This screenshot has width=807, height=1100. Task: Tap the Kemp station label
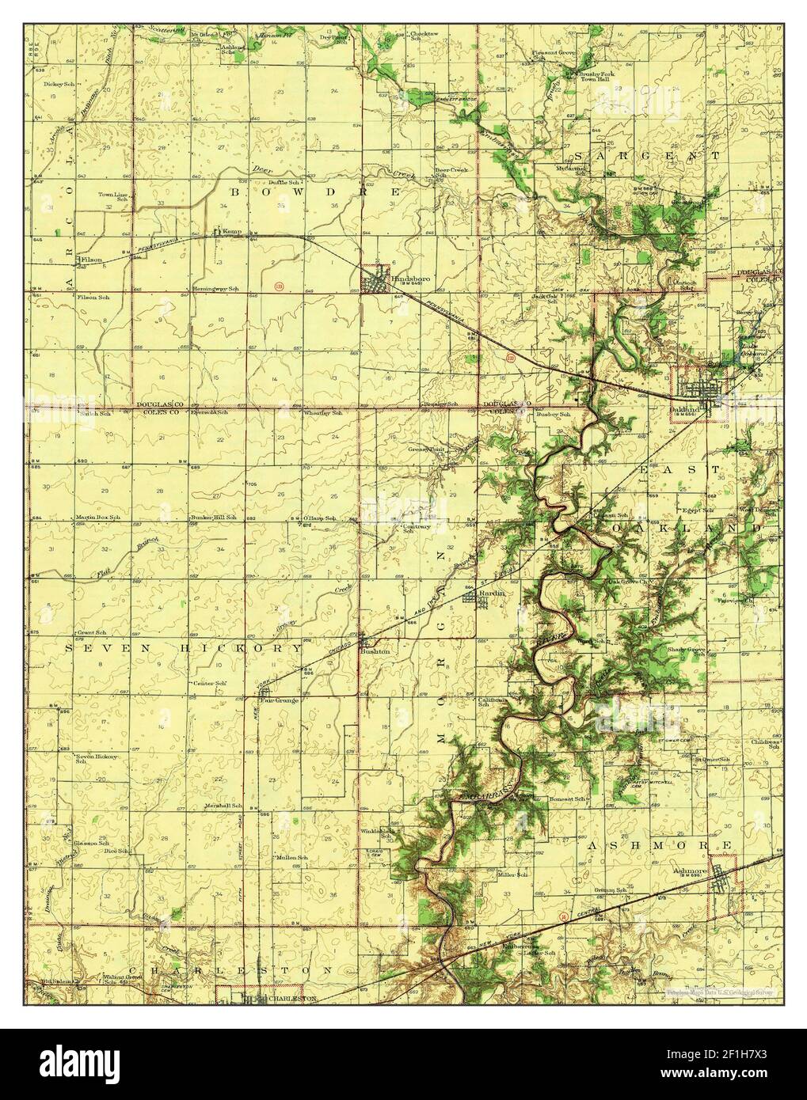(231, 231)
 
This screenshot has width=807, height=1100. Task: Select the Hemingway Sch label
(215, 290)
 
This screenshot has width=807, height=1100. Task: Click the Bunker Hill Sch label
(213, 517)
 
